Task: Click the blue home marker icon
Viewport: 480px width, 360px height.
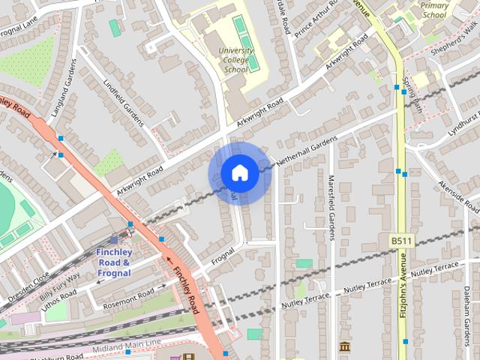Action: (x=239, y=173)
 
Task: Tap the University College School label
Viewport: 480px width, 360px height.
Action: (x=235, y=60)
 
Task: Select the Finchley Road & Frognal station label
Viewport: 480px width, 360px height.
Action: (x=114, y=262)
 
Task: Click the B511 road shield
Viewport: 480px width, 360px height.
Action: (x=400, y=241)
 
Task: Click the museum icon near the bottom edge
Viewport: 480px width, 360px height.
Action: (x=344, y=346)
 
